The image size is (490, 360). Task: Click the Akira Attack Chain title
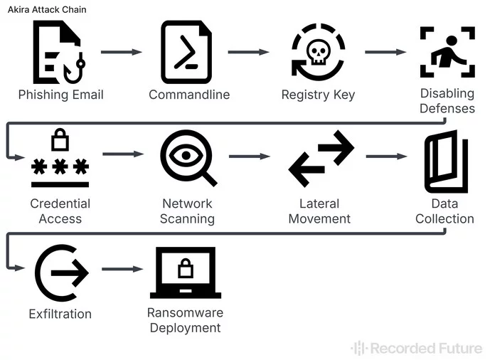coord(47,10)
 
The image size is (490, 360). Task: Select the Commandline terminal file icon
coord(186,53)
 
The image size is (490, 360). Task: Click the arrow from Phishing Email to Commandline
coord(122,52)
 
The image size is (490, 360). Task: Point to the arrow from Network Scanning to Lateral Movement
coord(250,156)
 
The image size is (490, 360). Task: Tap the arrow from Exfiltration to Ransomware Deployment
coord(122,269)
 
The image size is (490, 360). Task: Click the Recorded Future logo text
coord(416,348)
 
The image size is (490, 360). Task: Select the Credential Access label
coord(60,211)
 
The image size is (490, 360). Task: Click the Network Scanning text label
coord(188,211)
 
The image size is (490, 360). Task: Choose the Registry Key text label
coord(318,95)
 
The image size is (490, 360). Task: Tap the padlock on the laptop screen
coord(186,268)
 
